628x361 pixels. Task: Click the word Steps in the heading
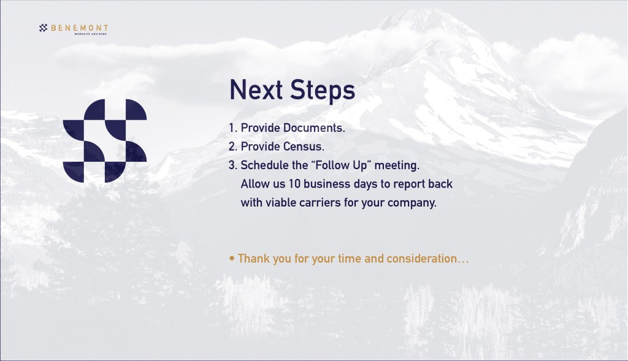point(323,91)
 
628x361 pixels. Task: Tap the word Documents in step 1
point(314,127)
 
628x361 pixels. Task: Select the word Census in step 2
point(303,146)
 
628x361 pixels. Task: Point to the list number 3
point(232,165)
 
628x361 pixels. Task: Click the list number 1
point(232,127)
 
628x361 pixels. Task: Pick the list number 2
point(232,146)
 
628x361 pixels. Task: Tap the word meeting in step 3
point(397,165)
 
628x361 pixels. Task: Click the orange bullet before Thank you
point(232,259)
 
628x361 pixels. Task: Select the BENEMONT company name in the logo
point(79,28)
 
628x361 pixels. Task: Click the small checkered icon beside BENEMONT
point(44,28)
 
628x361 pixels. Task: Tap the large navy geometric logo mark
point(105,141)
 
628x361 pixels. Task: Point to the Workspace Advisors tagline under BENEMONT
point(91,34)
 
